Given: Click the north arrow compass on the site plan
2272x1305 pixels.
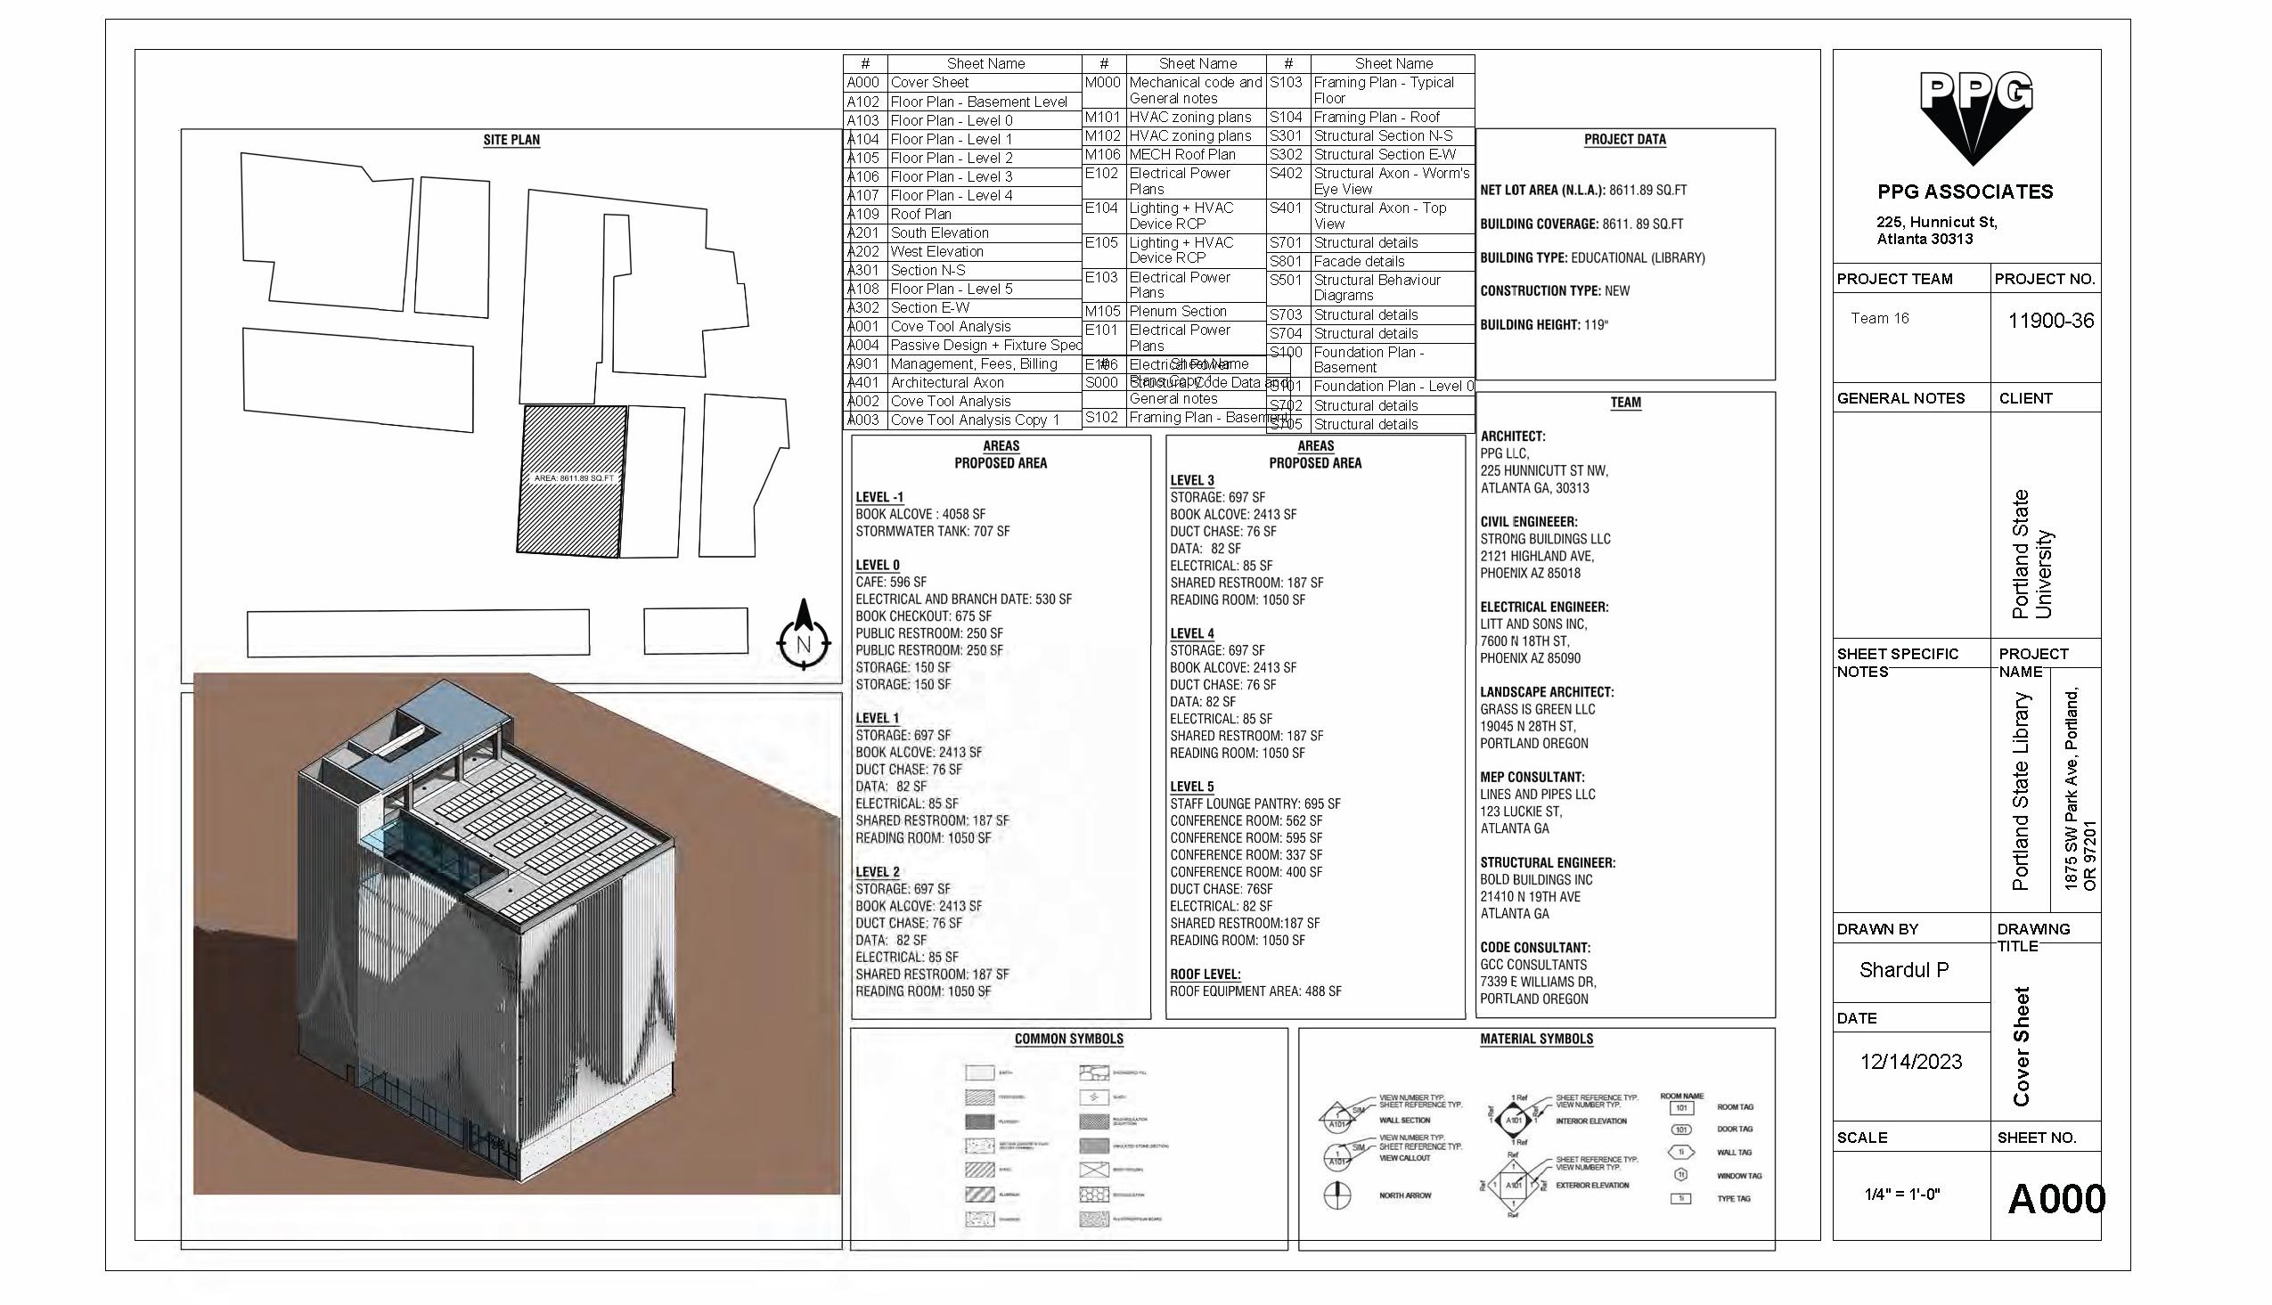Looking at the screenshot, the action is (x=803, y=637).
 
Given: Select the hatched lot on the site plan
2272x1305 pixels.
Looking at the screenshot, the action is (x=571, y=479).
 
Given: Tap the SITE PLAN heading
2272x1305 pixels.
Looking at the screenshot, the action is (x=511, y=140).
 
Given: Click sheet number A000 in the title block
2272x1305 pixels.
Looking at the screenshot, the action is (x=2056, y=1199).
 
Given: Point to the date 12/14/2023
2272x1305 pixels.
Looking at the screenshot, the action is (x=1911, y=1062).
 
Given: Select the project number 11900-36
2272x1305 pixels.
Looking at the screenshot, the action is (x=2051, y=321).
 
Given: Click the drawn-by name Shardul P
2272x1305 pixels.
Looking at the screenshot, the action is (x=1904, y=970).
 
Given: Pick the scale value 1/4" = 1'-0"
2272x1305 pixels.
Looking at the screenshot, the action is (x=1902, y=1194).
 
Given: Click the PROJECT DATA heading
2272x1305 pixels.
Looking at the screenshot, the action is (x=1625, y=140).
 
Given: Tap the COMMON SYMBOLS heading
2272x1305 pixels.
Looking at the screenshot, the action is (x=1068, y=1040).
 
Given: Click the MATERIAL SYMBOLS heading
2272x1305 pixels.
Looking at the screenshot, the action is (x=1536, y=1040).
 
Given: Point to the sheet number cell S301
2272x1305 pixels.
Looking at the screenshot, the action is (x=1287, y=136).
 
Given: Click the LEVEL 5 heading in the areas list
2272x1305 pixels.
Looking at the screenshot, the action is (x=1191, y=787).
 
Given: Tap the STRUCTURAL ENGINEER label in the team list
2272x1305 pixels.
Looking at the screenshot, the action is (x=1547, y=863).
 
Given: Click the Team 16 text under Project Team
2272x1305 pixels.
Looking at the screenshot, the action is (x=1879, y=318).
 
